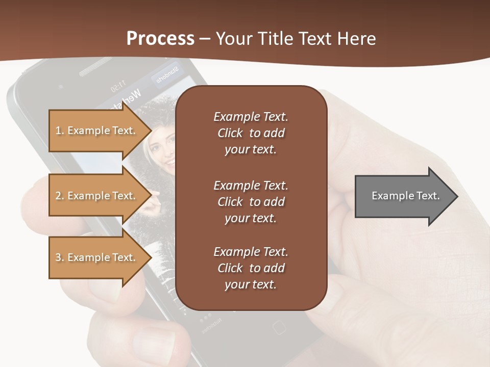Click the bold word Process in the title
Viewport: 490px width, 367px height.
coord(160,39)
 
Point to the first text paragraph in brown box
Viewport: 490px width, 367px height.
coord(251,133)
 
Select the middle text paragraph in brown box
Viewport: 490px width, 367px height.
coord(251,202)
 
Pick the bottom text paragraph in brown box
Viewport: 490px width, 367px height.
coord(251,268)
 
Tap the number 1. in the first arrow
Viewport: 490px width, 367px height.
coord(60,130)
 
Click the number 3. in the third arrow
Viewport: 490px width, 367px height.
coord(60,257)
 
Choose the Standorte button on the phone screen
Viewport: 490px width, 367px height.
coord(166,74)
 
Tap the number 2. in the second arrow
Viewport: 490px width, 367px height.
coord(60,196)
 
